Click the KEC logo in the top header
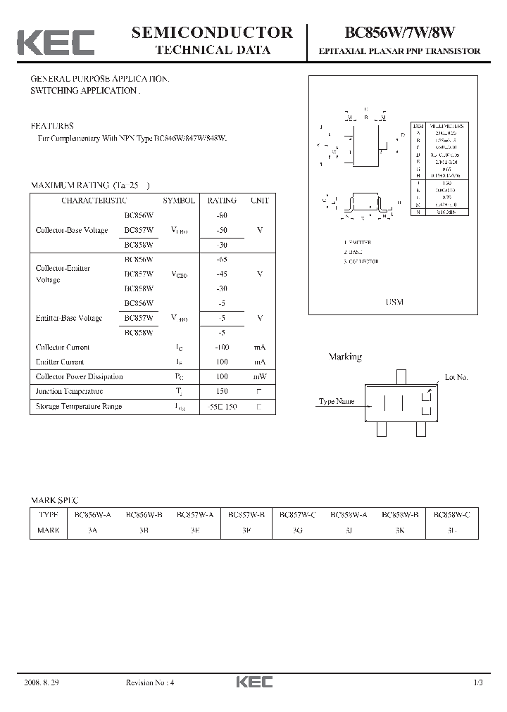(56, 43)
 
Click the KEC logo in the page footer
(254, 682)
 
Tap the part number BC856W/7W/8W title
(399, 32)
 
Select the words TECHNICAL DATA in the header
(212, 50)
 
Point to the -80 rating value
(222, 215)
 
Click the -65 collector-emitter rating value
(222, 259)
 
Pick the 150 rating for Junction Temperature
(222, 391)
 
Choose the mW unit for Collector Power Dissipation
(260, 376)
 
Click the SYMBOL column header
(179, 201)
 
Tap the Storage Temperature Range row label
(78, 406)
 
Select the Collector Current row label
(63, 347)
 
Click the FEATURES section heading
(51, 126)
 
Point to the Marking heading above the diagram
(345, 357)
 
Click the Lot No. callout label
(456, 377)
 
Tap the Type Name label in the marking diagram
(337, 402)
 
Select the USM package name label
(394, 301)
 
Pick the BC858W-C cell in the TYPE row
(452, 515)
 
